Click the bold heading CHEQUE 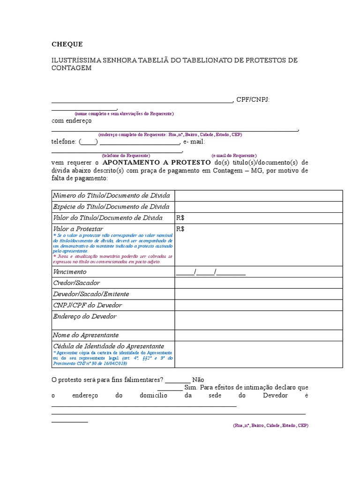tap(67, 45)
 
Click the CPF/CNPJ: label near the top tap(253, 100)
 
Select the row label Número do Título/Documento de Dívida tap(111, 195)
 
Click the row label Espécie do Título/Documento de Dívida tap(111, 207)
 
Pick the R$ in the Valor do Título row tap(180, 218)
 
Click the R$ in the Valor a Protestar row tap(180, 229)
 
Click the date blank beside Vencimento tap(211, 272)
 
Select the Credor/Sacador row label tap(76, 283)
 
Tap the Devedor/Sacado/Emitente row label tap(91, 294)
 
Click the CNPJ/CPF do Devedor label tap(87, 306)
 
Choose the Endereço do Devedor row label tap(85, 317)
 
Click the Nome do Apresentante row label tap(86, 335)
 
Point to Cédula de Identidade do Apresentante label tap(108, 346)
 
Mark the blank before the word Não tap(178, 380)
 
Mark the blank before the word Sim tap(170, 388)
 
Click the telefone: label tap(64, 142)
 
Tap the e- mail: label tap(194, 142)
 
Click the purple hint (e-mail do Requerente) tap(234, 156)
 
